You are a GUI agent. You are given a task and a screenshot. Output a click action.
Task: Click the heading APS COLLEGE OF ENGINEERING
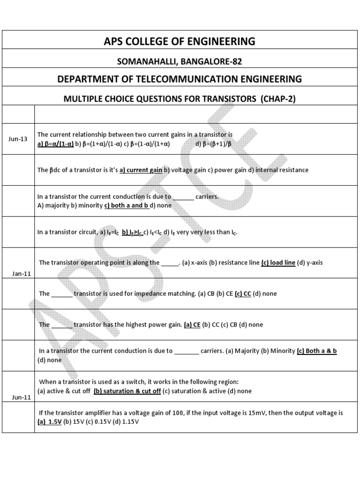point(180,42)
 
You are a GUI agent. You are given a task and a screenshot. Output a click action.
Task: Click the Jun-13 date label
point(18,139)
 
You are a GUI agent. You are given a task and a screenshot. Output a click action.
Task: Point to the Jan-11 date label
point(22,274)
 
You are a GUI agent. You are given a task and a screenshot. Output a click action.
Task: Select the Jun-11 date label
point(22,397)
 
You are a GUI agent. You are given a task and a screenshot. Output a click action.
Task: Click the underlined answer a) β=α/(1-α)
point(56,143)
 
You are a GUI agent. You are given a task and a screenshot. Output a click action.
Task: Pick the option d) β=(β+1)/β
point(213,143)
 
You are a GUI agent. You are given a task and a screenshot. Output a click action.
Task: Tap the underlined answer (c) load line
point(278,262)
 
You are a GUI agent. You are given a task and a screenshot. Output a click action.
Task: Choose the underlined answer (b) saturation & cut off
point(127,391)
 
